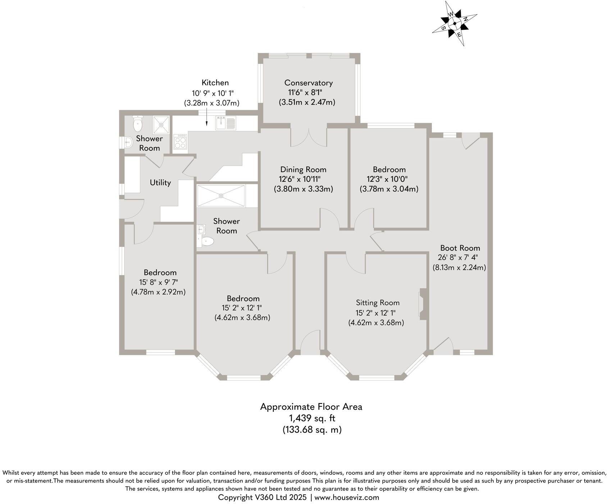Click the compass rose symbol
coord(455,24)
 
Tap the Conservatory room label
coord(308,83)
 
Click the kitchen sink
coord(225,123)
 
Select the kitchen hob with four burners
coord(180,141)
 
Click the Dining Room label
coord(303,170)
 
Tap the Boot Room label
coord(460,248)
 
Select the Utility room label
coord(160,183)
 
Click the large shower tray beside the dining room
coord(221,196)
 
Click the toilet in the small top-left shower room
coord(137,124)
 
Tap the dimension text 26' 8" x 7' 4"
coord(458,257)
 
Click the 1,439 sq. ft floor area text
coord(312,418)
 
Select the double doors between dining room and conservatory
coord(309,138)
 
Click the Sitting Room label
coord(378,303)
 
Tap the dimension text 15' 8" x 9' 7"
coord(159,282)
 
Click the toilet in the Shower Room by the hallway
coord(206,242)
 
